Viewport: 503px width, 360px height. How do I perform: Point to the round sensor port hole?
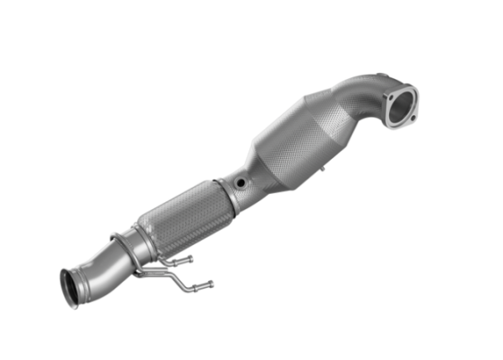[x=241, y=181]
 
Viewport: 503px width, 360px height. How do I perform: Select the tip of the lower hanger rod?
[x=210, y=284]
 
